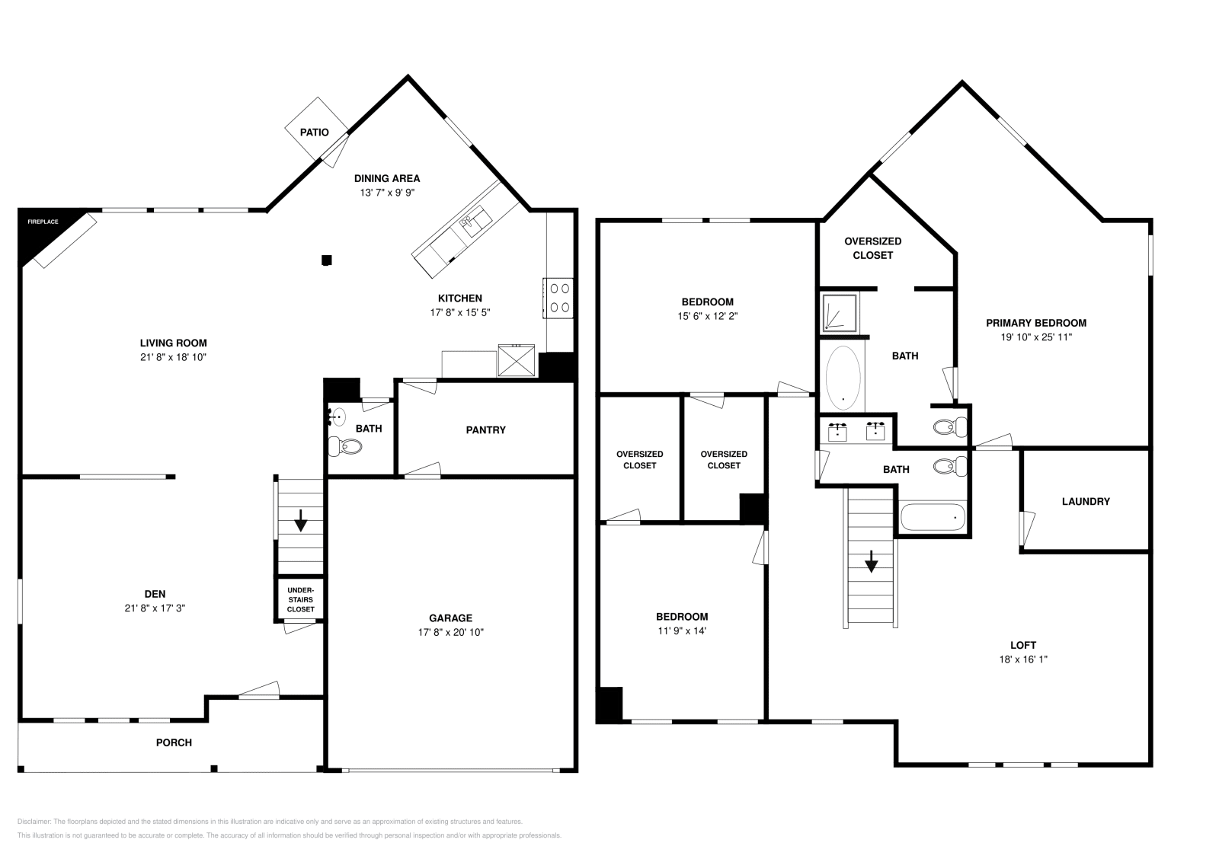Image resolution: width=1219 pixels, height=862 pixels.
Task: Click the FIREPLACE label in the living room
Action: click(x=43, y=222)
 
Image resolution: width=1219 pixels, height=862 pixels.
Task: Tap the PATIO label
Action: click(x=314, y=132)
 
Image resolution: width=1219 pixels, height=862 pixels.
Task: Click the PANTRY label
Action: click(x=485, y=430)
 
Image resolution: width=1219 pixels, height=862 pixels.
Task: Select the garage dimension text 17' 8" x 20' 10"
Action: click(x=450, y=632)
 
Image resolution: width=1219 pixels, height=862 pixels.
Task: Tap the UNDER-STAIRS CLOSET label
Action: click(x=300, y=599)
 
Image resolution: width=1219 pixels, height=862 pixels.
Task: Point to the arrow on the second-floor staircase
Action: click(x=871, y=562)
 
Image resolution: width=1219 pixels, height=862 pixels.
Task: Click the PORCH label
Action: click(x=174, y=742)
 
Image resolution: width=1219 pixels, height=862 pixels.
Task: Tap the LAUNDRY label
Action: click(x=1086, y=502)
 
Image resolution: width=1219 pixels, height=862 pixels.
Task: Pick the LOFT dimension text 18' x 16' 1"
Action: click(x=1023, y=659)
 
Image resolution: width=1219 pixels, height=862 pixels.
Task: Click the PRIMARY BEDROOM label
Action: click(x=1036, y=323)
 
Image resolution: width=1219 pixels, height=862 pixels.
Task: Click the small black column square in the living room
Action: click(x=327, y=260)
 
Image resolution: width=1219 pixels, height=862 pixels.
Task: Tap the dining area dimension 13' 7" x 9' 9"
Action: click(x=387, y=193)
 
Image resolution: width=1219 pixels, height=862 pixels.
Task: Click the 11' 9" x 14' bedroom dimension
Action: click(x=682, y=631)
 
